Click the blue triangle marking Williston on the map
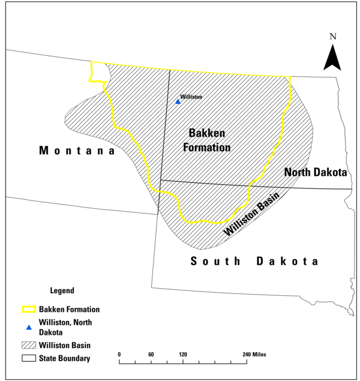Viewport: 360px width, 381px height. click(178, 102)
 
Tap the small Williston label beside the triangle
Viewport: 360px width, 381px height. click(191, 97)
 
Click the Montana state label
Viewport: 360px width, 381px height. click(77, 151)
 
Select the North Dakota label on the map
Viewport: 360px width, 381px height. click(316, 172)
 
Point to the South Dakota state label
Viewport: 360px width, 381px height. click(254, 261)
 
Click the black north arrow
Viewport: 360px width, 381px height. click(332, 58)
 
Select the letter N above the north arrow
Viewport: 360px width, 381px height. click(333, 37)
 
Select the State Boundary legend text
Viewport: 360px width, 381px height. click(65, 359)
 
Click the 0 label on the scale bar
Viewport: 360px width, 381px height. click(119, 354)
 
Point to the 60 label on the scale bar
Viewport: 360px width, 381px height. click(151, 354)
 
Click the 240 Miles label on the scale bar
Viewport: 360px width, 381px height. click(254, 354)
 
